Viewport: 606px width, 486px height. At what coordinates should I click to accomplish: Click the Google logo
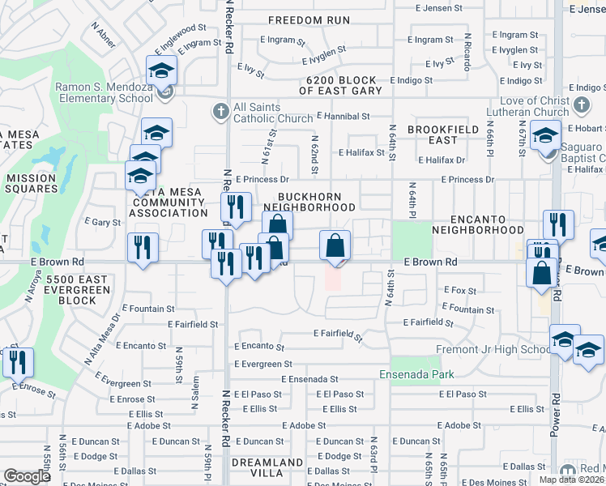point(27,476)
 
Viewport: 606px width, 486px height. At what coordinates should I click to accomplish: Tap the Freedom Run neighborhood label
point(309,20)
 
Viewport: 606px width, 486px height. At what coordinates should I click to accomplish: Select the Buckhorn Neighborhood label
point(316,202)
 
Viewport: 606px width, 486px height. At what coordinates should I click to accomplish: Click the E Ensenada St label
point(309,379)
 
